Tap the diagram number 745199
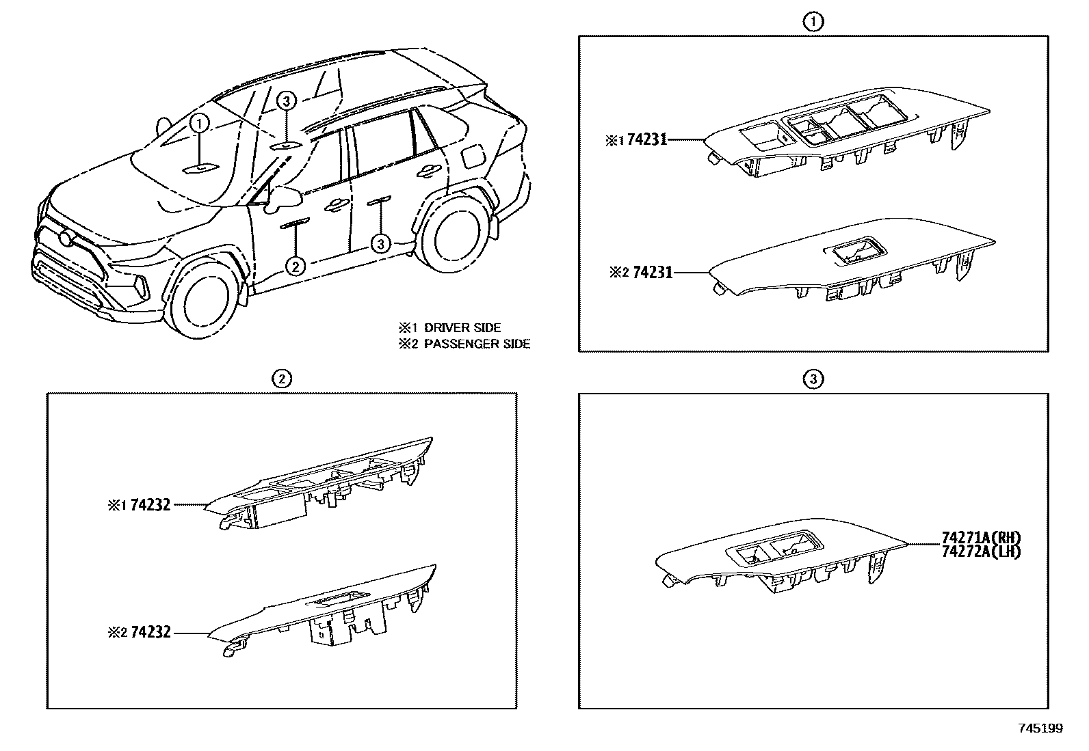point(1041,728)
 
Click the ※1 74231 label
point(635,141)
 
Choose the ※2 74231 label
point(641,273)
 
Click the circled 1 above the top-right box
point(813,22)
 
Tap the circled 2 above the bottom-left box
point(281,378)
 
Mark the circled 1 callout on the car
point(199,124)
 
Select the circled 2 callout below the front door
point(295,265)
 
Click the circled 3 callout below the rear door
point(380,243)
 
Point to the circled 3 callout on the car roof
point(287,102)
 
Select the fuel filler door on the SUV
point(472,155)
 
